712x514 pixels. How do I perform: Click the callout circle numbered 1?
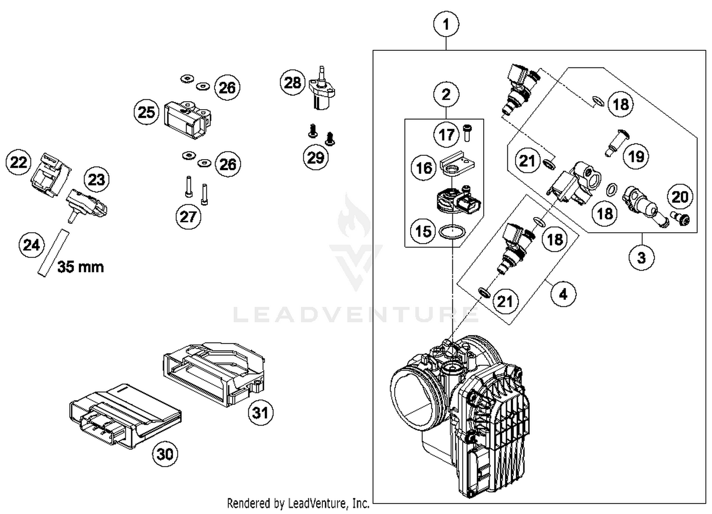coord(446,24)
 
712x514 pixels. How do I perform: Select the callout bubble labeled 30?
coord(165,454)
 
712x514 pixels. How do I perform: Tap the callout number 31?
coord(261,412)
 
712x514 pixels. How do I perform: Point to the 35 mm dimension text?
coord(80,267)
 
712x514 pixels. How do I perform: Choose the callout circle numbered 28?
coord(293,83)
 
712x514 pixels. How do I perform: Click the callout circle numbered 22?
coord(19,162)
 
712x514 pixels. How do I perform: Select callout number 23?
coord(96,180)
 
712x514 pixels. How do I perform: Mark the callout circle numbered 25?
coord(146,112)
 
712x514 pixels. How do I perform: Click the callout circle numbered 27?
coord(188,217)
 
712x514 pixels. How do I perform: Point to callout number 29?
coord(316,157)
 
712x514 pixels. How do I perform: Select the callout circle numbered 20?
coord(680,197)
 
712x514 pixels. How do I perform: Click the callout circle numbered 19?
coord(636,156)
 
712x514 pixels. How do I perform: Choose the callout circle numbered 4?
coord(563,295)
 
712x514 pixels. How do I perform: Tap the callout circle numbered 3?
coord(641,257)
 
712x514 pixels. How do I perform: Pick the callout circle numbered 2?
coord(446,95)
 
